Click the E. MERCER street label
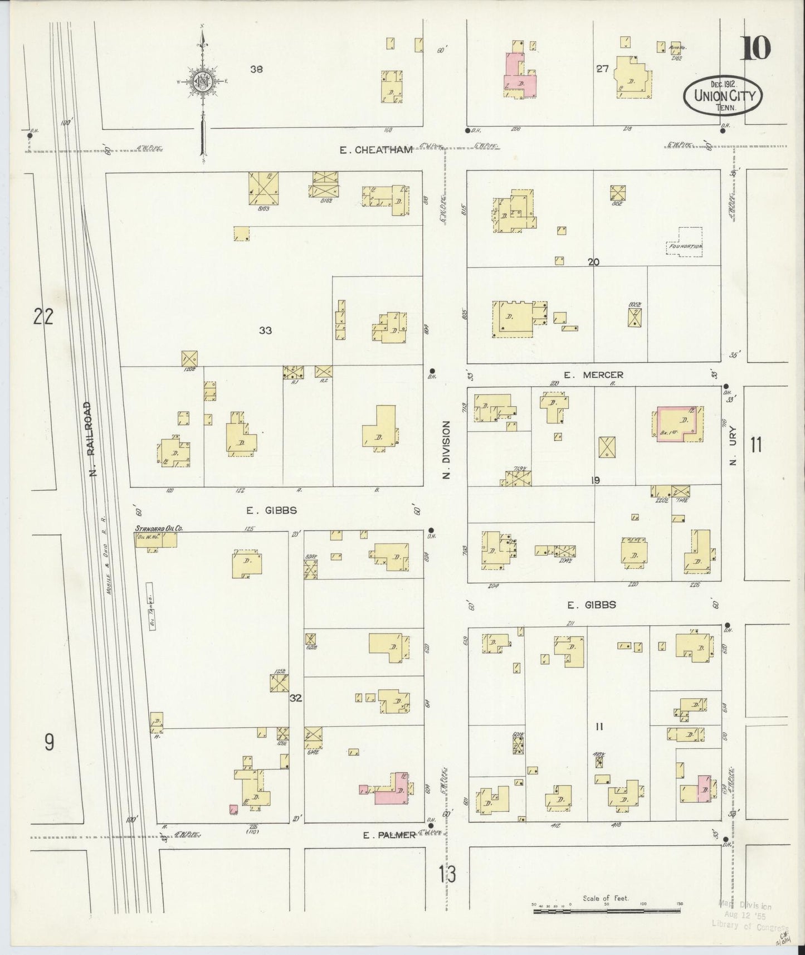(x=593, y=375)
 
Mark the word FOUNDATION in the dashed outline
(x=686, y=246)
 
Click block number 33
(x=265, y=330)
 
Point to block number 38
(x=256, y=70)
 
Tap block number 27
(x=602, y=70)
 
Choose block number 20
(x=593, y=261)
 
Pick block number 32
(x=295, y=697)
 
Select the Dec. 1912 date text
(x=723, y=84)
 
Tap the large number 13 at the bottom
(x=447, y=875)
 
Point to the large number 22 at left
(x=43, y=317)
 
